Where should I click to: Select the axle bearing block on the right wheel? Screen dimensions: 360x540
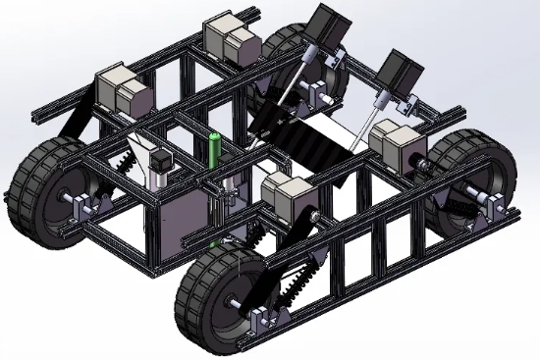[x=497, y=207]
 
